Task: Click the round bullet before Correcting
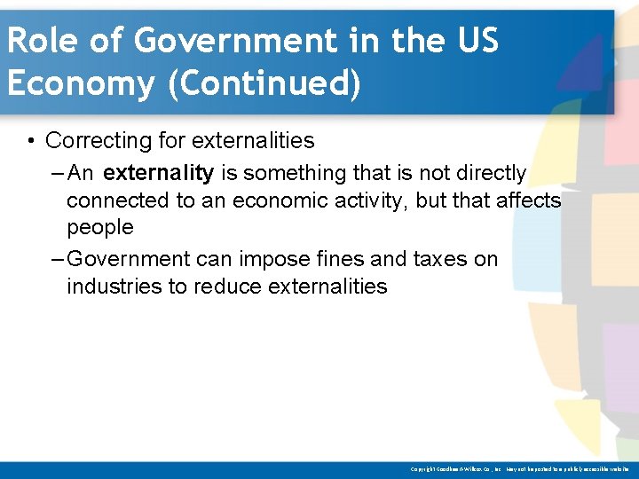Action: (31, 140)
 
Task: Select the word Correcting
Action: (96, 140)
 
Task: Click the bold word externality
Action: (158, 173)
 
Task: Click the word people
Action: (99, 228)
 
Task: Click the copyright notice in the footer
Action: (519, 468)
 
